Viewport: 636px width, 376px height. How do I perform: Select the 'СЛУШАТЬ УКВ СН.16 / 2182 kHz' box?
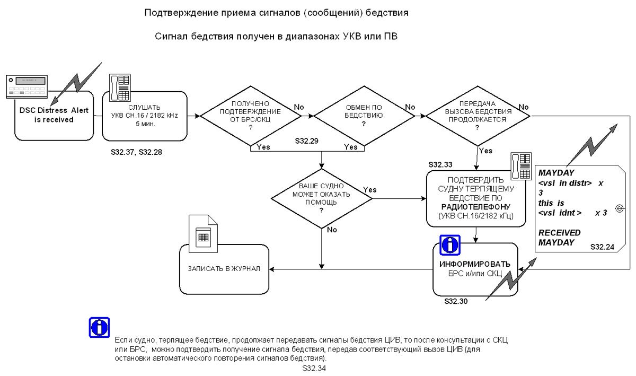click(144, 116)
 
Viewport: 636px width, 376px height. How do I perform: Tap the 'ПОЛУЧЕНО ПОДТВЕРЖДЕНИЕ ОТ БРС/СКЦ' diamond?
click(251, 116)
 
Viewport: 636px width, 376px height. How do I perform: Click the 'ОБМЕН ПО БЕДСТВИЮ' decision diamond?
click(364, 116)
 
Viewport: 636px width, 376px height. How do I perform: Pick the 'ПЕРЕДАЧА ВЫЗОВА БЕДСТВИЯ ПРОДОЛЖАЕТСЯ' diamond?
click(477, 116)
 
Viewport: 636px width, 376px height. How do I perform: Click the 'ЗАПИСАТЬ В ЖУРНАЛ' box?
click(224, 268)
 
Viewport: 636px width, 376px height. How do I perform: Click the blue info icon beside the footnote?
click(99, 328)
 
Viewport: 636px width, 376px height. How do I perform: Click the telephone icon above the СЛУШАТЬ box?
click(119, 87)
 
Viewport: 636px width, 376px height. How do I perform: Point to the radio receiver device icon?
click(26, 86)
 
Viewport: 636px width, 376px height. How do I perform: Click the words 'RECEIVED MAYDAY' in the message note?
click(560, 238)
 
